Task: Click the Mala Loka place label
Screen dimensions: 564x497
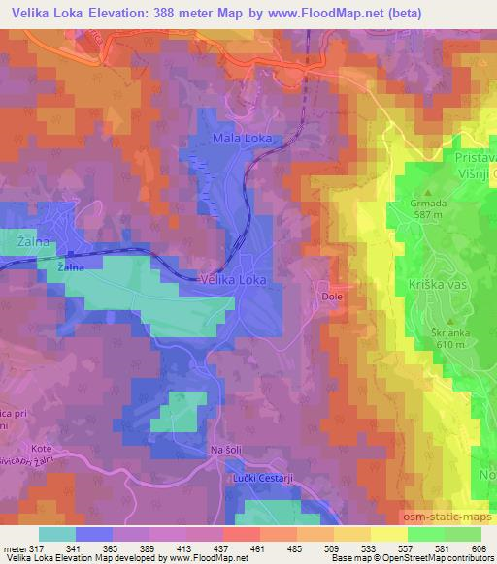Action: tap(242, 140)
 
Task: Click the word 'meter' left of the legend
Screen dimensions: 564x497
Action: tap(14, 548)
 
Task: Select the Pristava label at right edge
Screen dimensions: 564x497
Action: tap(470, 155)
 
